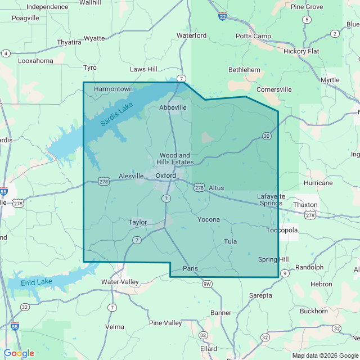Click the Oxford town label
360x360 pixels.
pyautogui.click(x=166, y=175)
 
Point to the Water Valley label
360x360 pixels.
pyautogui.click(x=120, y=281)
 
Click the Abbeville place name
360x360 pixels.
pyautogui.click(x=173, y=107)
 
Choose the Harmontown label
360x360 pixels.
pyautogui.click(x=113, y=89)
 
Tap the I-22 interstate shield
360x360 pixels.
pyautogui.click(x=223, y=17)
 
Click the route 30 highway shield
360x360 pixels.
pyautogui.click(x=267, y=136)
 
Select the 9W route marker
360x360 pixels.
pyautogui.click(x=208, y=283)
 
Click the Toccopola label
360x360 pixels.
pyautogui.click(x=281, y=230)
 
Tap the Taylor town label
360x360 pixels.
pyautogui.click(x=137, y=222)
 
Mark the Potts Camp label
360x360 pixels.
pyautogui.click(x=253, y=36)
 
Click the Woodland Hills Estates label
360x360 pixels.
pyautogui.click(x=176, y=159)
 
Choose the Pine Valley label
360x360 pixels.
pyautogui.click(x=165, y=323)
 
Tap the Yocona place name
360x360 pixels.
pyautogui.click(x=208, y=219)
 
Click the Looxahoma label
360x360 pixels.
pyautogui.click(x=35, y=61)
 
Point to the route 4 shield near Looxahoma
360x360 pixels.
pyautogui.click(x=6, y=53)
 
